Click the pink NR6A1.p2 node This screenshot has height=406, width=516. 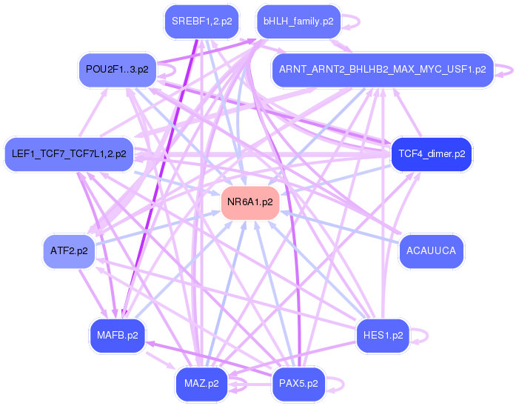(250, 202)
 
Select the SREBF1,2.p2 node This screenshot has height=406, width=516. (201, 21)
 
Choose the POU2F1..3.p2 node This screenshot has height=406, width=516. (117, 70)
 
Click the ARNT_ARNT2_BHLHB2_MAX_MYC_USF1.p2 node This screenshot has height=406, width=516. (382, 70)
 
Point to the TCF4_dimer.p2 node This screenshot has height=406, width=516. (432, 154)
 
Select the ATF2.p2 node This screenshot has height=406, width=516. (69, 251)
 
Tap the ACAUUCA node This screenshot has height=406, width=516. (432, 251)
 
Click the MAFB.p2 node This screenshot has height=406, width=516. (117, 336)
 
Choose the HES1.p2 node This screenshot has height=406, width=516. (383, 336)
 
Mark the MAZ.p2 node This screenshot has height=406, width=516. (201, 384)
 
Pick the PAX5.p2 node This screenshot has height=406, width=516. (298, 384)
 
